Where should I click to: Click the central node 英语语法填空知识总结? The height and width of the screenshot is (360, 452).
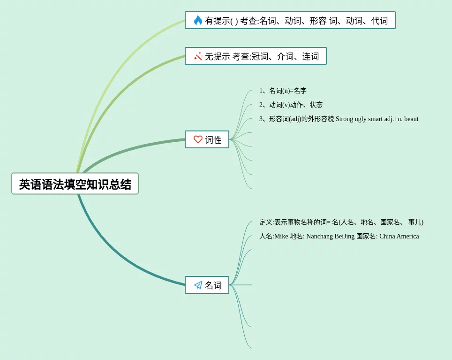75,184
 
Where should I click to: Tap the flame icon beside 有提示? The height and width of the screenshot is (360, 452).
198,20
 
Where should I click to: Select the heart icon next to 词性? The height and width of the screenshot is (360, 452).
198,139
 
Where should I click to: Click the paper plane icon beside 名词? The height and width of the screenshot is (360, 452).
198,285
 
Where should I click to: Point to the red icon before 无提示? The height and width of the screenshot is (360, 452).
198,56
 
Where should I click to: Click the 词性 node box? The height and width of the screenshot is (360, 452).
207,139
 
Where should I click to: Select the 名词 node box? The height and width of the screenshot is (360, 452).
207,285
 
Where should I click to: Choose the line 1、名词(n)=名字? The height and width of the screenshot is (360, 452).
283,91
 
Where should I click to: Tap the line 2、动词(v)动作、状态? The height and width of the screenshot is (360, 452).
291,105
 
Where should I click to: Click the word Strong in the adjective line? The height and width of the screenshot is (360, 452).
345,119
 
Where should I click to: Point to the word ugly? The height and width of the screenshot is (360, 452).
361,119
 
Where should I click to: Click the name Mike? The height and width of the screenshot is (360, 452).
281,236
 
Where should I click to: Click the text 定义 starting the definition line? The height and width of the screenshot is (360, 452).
266,222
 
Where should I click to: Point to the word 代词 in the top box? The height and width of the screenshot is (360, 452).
379,21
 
